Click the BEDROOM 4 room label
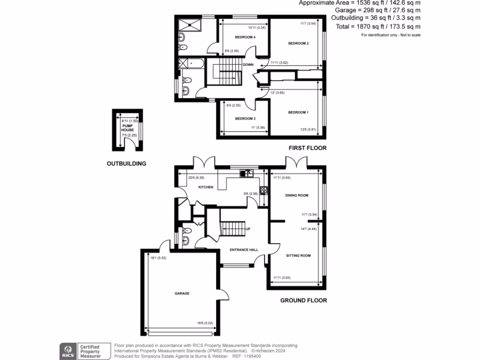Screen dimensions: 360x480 tap(245, 37)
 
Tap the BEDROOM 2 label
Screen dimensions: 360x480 tap(298, 44)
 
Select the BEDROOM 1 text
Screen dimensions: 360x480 tap(298, 112)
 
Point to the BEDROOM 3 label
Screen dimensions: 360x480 tap(245, 119)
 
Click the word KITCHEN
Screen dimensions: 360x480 tap(206, 187)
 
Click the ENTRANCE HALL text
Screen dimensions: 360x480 tap(244, 250)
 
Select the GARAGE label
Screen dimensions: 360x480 tap(182, 293)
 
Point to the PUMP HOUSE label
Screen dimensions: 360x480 tap(127, 127)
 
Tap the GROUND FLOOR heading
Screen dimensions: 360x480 tap(303, 300)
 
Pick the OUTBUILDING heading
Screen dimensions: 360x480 tap(126, 164)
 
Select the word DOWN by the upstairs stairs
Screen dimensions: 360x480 tap(248, 65)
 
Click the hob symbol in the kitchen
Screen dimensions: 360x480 tap(263, 191)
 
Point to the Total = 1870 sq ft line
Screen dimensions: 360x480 tap(378, 27)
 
